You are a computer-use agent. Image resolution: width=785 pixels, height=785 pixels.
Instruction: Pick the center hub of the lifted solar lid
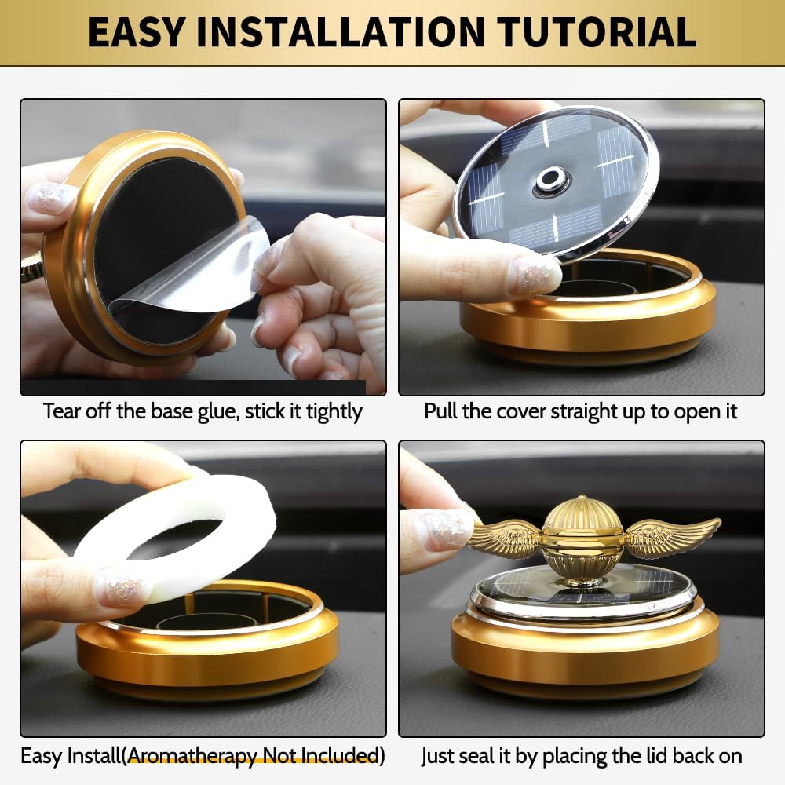pyautogui.click(x=551, y=181)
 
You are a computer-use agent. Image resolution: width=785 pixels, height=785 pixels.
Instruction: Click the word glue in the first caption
pyautogui.click(x=212, y=411)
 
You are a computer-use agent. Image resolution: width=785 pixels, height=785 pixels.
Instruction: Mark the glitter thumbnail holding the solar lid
pyautogui.click(x=534, y=276)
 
